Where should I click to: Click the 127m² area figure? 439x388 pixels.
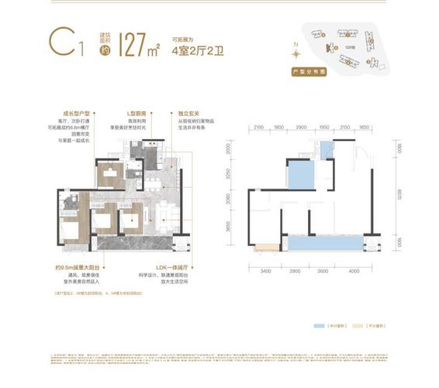pyautogui.click(x=142, y=44)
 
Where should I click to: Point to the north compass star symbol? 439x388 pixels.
pyautogui.click(x=296, y=54)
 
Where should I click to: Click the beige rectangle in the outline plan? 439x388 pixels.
pyautogui.click(x=264, y=248)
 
